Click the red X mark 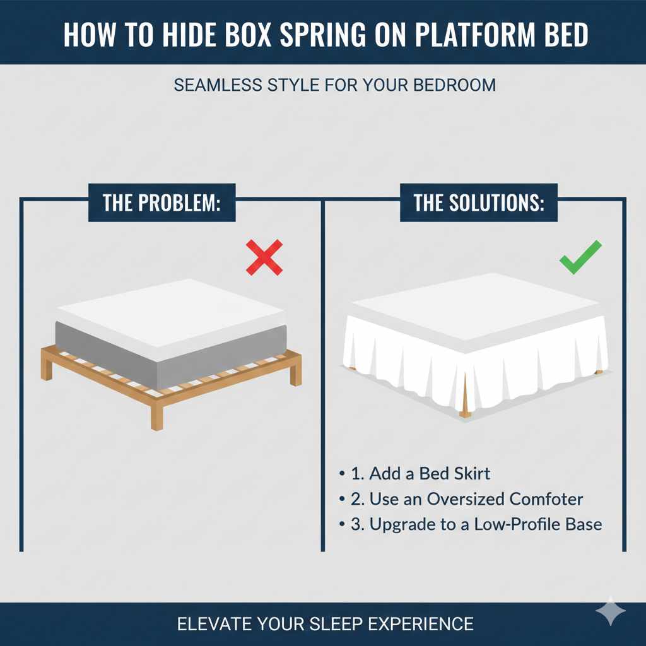(x=264, y=257)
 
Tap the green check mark (x=580, y=257)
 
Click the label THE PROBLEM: (x=161, y=203)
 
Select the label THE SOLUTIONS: (x=479, y=203)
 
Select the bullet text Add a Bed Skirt (x=429, y=473)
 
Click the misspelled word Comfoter (x=546, y=499)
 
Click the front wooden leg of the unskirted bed (x=156, y=416)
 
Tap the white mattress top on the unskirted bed (x=170, y=309)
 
